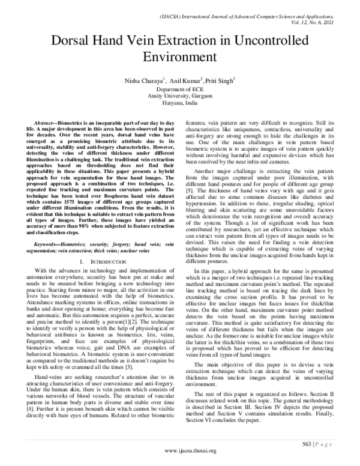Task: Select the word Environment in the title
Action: pyautogui.click(x=179, y=58)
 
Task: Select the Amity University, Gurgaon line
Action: pyautogui.click(x=179, y=95)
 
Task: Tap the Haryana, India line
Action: pyautogui.click(x=179, y=102)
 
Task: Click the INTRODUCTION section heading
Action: pyautogui.click(x=100, y=246)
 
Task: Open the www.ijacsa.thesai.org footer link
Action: pyautogui.click(x=180, y=456)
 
